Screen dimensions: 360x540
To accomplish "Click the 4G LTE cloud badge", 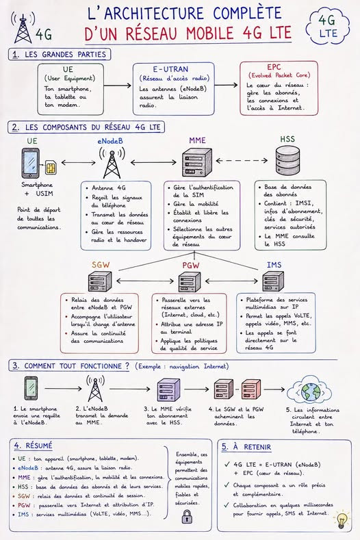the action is [328, 27].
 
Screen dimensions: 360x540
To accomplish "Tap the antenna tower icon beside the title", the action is [23, 27].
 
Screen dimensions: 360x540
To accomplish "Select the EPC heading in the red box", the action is [274, 67].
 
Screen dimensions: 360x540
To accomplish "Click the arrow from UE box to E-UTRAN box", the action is [118, 86].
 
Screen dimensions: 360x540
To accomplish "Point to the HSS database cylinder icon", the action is [287, 160].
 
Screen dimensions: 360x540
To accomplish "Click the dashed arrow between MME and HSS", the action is [242, 160].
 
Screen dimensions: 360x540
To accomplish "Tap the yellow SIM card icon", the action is [51, 168].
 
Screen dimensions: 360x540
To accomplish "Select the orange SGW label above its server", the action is [101, 265].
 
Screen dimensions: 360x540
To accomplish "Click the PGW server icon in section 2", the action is [190, 281].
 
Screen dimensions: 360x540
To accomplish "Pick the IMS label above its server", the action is [274, 265].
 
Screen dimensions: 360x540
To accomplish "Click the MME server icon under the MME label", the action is [196, 162].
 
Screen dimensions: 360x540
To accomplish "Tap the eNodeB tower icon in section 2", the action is [112, 163].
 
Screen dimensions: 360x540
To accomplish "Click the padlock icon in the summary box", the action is [187, 517].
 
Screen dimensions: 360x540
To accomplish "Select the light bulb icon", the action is [342, 520].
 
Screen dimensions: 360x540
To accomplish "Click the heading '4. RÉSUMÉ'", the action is [33, 446].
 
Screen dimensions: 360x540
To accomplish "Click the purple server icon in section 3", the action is [168, 389].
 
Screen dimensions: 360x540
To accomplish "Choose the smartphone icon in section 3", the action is [31, 388].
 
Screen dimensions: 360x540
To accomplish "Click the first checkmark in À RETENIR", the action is [227, 464].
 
